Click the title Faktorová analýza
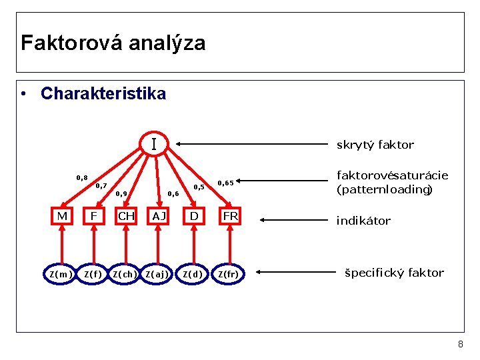113,43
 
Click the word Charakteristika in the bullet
103,94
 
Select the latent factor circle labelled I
154,144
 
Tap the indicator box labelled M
62,216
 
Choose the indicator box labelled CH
126,216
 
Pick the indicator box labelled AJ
159,216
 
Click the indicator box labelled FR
231,216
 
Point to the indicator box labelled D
193,216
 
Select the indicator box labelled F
94,216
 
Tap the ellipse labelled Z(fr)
231,273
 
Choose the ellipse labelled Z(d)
193,273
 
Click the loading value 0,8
82,177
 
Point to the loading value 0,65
225,183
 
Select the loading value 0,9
121,194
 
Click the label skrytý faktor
375,145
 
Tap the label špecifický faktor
394,273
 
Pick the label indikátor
363,221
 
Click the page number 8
460,344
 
